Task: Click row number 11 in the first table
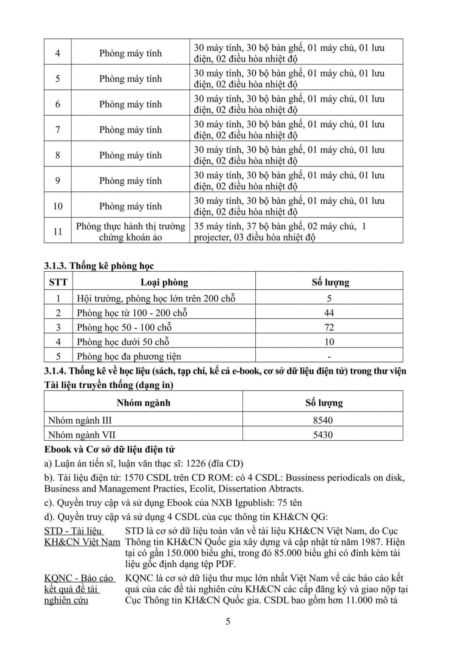[x=58, y=232]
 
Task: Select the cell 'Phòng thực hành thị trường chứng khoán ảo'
[x=131, y=232]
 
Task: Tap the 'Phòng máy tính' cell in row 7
[x=131, y=130]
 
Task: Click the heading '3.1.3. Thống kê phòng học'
[x=99, y=266]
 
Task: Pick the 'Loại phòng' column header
[x=164, y=283]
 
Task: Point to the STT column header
[x=58, y=283]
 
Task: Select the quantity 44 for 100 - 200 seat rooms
[x=329, y=313]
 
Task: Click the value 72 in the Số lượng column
[x=329, y=328]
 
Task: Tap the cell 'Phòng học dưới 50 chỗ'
[x=123, y=342]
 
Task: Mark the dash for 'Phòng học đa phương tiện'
[x=329, y=356]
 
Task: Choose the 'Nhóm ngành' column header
[x=144, y=403]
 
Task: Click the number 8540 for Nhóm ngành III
[x=323, y=421]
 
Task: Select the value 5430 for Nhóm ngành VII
[x=323, y=435]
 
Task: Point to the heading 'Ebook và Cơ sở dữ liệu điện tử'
[x=110, y=450]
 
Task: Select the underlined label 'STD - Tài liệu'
[x=73, y=531]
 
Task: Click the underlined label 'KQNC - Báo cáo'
[x=79, y=578]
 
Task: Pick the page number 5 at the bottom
[x=228, y=621]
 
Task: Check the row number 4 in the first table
[x=58, y=53]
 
